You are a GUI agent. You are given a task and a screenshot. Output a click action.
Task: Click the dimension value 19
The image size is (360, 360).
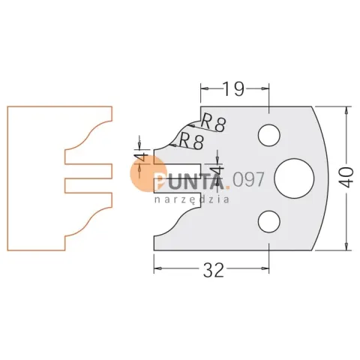click(x=233, y=89)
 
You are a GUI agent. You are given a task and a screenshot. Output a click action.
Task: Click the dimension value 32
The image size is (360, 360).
click(x=213, y=270)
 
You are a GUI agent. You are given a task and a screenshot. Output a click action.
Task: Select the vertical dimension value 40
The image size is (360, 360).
click(x=347, y=178)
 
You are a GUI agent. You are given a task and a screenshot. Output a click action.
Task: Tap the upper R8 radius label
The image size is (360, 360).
click(x=213, y=122)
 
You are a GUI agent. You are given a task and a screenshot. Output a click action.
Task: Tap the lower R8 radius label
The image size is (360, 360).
click(x=191, y=141)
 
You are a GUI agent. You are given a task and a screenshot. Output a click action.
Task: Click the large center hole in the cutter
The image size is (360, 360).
click(x=294, y=178)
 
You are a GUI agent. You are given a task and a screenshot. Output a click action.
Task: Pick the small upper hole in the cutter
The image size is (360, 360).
click(x=269, y=135)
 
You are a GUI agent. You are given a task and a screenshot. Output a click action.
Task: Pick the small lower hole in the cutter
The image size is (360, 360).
click(x=269, y=221)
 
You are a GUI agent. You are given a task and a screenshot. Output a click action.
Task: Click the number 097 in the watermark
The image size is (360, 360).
click(x=248, y=179)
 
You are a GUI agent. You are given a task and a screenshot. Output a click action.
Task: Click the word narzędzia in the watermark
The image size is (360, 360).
click(x=192, y=199)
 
